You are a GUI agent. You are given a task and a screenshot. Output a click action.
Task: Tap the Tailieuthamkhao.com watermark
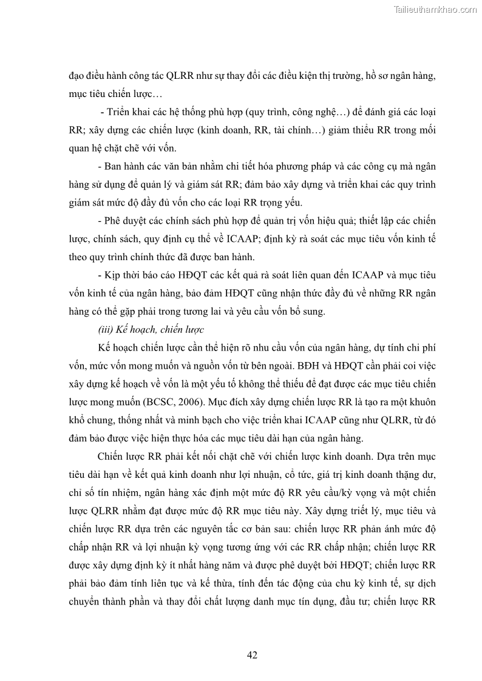[x=435, y=9]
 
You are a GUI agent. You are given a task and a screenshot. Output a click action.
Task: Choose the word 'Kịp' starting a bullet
[x=112, y=275]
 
